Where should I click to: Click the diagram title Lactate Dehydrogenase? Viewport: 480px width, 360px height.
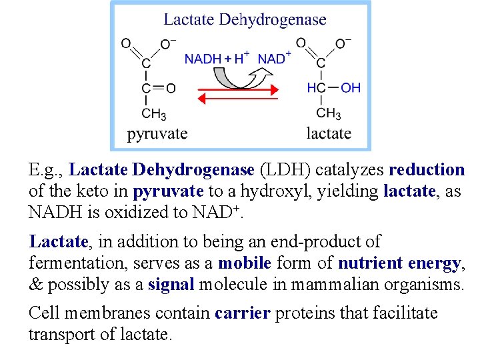tap(245, 19)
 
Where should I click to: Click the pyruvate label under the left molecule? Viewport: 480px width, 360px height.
tap(157, 133)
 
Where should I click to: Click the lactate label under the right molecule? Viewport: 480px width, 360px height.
tap(329, 133)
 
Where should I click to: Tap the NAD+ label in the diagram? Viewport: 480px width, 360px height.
tap(274, 58)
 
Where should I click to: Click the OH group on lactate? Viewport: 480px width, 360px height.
tap(351, 88)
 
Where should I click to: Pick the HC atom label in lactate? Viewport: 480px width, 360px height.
tap(317, 88)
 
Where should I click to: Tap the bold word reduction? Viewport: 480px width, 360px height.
tap(427, 170)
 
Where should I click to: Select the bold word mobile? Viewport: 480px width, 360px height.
tap(245, 263)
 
